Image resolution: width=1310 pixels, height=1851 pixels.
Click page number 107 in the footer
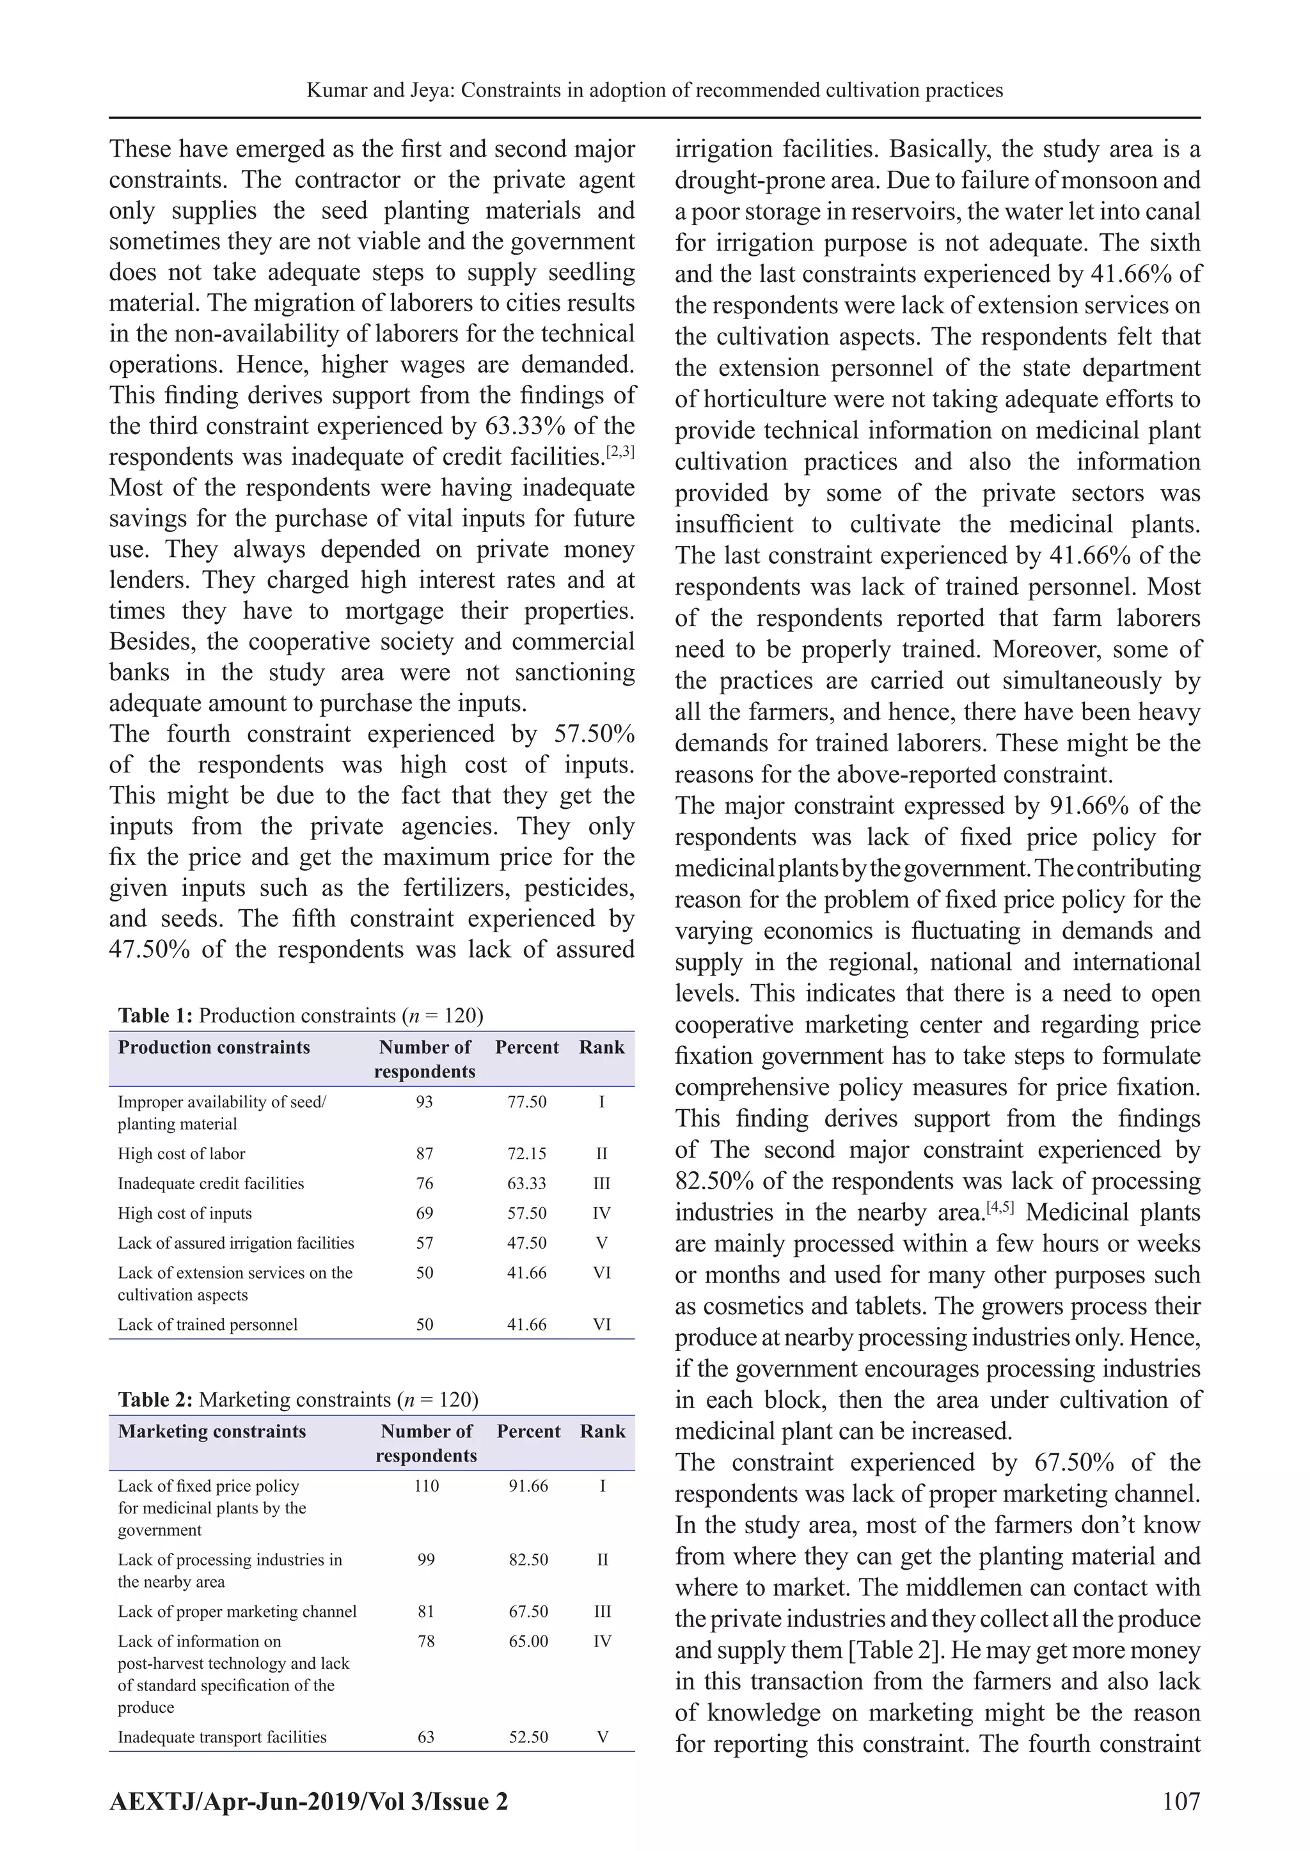tap(1181, 1800)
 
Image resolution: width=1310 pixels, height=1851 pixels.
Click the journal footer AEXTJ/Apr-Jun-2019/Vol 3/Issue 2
tap(309, 1801)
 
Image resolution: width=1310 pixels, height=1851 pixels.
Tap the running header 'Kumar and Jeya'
tap(376, 90)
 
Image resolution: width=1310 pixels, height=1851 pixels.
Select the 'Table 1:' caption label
tap(155, 1015)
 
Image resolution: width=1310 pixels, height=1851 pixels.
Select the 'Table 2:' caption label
tap(155, 1399)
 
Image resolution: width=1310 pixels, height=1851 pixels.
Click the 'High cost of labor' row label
tap(182, 1153)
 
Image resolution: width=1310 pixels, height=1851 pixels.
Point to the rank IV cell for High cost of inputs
tap(601, 1214)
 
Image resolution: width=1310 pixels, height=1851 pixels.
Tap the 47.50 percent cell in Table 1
tap(526, 1243)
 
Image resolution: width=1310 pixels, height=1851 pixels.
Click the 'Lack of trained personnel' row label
tap(207, 1325)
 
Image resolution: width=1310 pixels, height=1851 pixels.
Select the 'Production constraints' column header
tap(214, 1047)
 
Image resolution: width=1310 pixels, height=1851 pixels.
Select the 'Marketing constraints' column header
tap(212, 1431)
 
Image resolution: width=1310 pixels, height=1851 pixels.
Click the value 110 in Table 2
tap(426, 1486)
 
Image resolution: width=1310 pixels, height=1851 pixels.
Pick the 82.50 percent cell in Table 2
tap(528, 1560)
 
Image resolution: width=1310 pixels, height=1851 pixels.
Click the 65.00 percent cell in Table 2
tap(528, 1641)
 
